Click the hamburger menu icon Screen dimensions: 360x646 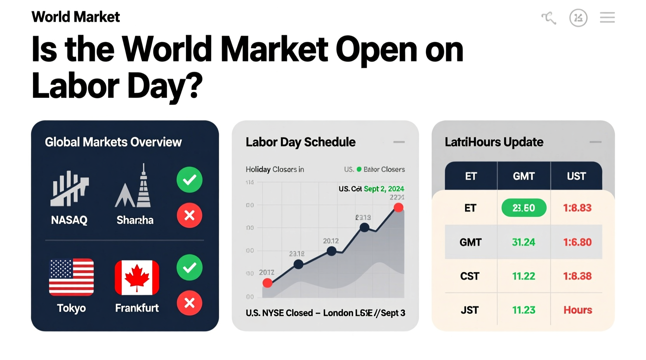[x=607, y=17]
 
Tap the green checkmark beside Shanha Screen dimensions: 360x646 [x=189, y=180]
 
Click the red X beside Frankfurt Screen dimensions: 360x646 [x=189, y=303]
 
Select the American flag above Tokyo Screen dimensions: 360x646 [x=71, y=277]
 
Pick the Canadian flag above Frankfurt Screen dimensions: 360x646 [x=137, y=277]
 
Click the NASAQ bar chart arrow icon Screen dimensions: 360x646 [x=69, y=189]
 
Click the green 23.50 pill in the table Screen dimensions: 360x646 [x=524, y=208]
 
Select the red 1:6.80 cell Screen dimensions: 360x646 [x=577, y=242]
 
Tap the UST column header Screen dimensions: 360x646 [x=576, y=177]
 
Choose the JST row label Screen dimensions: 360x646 [x=470, y=310]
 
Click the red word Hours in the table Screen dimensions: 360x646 [x=578, y=310]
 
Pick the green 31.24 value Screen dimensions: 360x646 [x=524, y=242]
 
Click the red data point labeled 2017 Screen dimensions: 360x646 [x=267, y=283]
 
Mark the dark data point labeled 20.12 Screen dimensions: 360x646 [x=332, y=251]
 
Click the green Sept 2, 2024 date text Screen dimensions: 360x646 [x=384, y=189]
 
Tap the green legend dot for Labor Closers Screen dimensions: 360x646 [x=359, y=169]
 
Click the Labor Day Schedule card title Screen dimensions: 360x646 [x=300, y=142]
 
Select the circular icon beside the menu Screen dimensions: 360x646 [x=578, y=18]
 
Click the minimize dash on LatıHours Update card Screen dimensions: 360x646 [x=595, y=142]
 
